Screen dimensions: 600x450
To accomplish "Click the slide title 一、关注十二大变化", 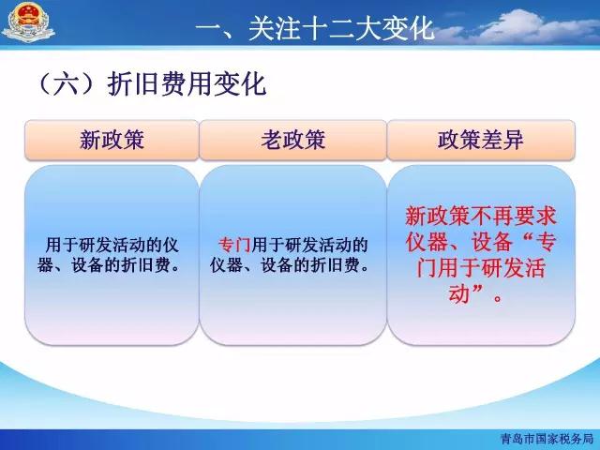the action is point(315,28).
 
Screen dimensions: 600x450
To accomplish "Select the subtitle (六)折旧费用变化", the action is point(152,83).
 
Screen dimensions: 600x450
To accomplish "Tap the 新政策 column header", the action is point(112,140).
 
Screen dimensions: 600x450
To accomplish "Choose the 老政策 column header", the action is point(293,140).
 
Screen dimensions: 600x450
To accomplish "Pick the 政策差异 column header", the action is point(481,140).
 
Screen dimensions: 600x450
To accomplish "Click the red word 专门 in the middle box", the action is point(234,245).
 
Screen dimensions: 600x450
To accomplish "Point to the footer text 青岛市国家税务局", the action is point(547,439).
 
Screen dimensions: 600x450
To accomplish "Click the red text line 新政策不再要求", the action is point(481,217).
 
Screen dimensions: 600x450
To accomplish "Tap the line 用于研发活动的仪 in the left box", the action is point(112,245).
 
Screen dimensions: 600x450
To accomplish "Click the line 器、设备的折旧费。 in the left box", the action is point(109,264).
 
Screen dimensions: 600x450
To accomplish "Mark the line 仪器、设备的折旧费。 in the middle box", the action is point(290,264).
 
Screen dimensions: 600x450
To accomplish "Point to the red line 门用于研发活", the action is point(481,268).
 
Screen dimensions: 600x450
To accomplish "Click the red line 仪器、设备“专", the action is point(481,242).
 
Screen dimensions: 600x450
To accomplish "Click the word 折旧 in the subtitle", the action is point(133,83).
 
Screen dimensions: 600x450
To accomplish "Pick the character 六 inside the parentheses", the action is point(66,84).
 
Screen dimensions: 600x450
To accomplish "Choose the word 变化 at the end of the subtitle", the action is point(240,83).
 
